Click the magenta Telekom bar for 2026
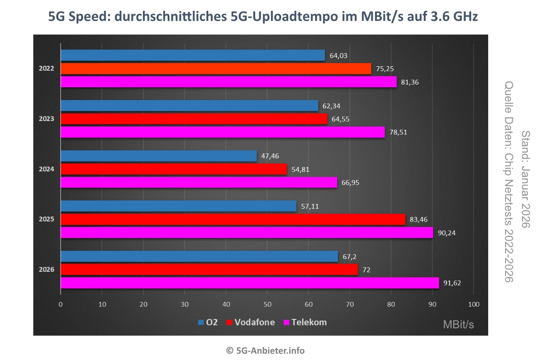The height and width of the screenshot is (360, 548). pos(249,283)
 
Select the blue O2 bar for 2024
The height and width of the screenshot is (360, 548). pos(158,156)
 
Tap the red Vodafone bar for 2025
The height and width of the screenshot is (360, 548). pos(233,219)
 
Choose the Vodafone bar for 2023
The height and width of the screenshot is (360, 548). pos(194,119)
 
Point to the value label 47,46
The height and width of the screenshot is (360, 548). pos(270,156)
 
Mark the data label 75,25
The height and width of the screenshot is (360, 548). pos(385,69)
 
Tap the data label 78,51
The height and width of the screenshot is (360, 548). pos(399,132)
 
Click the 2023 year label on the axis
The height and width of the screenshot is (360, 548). pos(47,119)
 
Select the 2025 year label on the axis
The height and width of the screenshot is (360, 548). pos(47,219)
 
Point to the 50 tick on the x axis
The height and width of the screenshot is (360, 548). pos(267,304)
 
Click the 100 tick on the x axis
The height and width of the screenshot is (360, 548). pos(474,304)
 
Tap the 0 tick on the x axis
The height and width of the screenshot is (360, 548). pos(61,304)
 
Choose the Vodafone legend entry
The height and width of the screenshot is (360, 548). pos(254,322)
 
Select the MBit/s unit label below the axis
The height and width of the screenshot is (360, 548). pos(458,324)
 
